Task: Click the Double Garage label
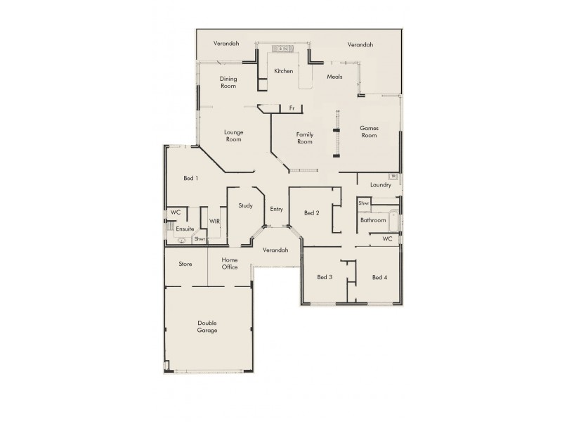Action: [x=207, y=326]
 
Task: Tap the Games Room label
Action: [x=369, y=132]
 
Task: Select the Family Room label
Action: [x=304, y=138]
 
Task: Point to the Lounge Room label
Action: [x=233, y=136]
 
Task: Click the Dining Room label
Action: [x=228, y=82]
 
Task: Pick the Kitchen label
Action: [x=283, y=72]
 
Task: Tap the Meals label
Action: [x=334, y=77]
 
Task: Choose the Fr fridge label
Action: [x=292, y=108]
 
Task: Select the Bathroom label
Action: [x=373, y=220]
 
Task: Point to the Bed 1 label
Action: [x=190, y=178]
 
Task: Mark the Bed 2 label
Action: [x=312, y=213]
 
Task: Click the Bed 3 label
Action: [x=325, y=277]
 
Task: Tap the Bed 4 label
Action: [x=379, y=277]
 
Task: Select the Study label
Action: [x=245, y=206]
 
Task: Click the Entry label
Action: [x=276, y=209]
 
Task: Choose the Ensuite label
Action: [x=185, y=229]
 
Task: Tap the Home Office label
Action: [x=230, y=264]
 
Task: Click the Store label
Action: [x=185, y=264]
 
